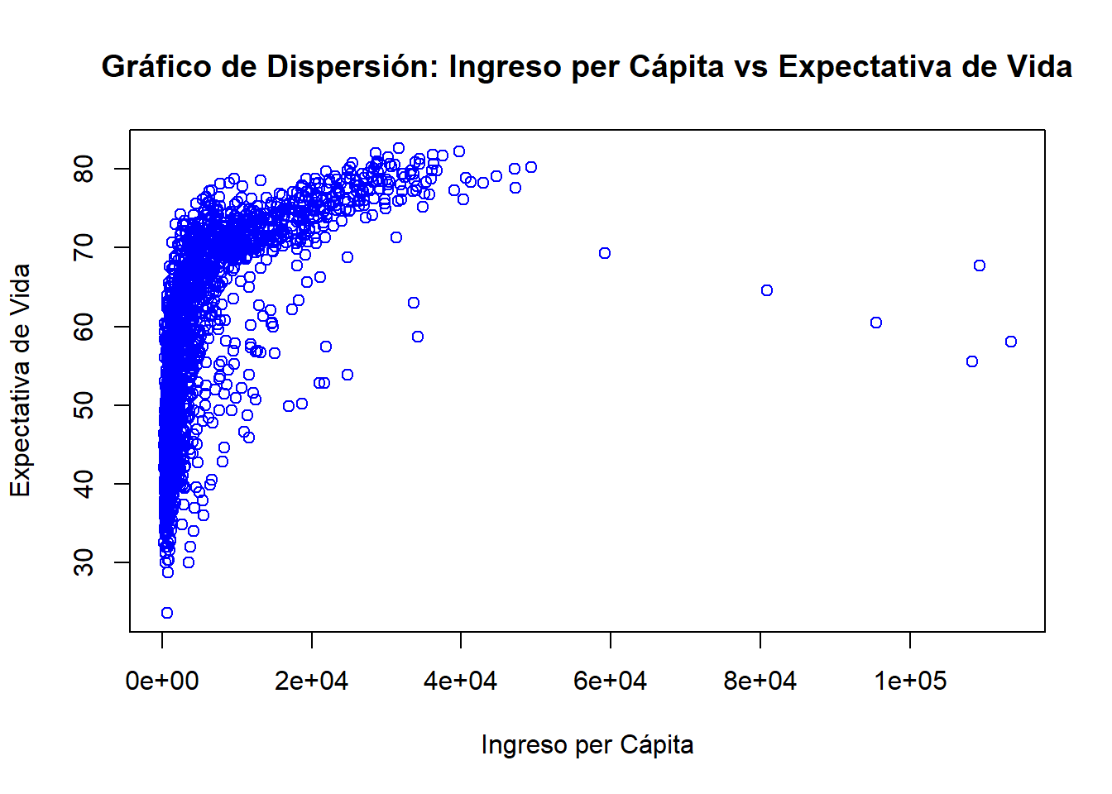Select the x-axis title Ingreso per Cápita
tap(587, 744)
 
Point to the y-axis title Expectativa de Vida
tap(20, 380)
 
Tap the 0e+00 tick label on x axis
tap(162, 681)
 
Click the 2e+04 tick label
tap(312, 681)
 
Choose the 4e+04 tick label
tap(461, 681)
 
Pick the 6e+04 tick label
tap(611, 681)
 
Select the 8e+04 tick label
tap(760, 681)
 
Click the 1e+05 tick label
tap(910, 681)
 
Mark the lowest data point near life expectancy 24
tap(167, 613)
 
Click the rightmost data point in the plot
tap(1011, 342)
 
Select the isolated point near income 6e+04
tap(605, 253)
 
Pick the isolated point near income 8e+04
tap(767, 290)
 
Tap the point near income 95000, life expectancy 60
tap(876, 323)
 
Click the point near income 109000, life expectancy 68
tap(980, 265)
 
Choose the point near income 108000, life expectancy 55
tap(972, 361)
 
